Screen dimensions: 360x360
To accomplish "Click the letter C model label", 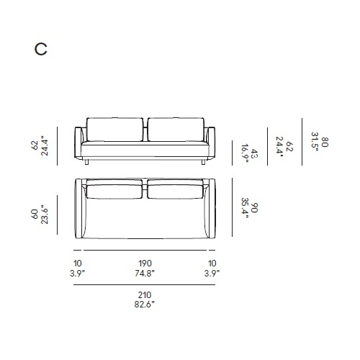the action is [x=41, y=50].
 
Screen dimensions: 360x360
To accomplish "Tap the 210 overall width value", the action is [x=145, y=294].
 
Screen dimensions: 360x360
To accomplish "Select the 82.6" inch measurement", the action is [x=144, y=305].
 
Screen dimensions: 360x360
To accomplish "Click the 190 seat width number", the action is [x=145, y=264].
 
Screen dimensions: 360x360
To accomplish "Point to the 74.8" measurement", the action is [x=145, y=273].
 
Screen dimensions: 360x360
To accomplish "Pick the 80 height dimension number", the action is [x=325, y=142].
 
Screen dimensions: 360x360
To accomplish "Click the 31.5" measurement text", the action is [x=315, y=142].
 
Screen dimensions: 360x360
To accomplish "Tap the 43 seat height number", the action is [x=254, y=153].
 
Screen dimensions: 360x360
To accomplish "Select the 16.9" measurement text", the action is [x=245, y=153].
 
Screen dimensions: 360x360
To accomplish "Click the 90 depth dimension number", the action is [x=254, y=207].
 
